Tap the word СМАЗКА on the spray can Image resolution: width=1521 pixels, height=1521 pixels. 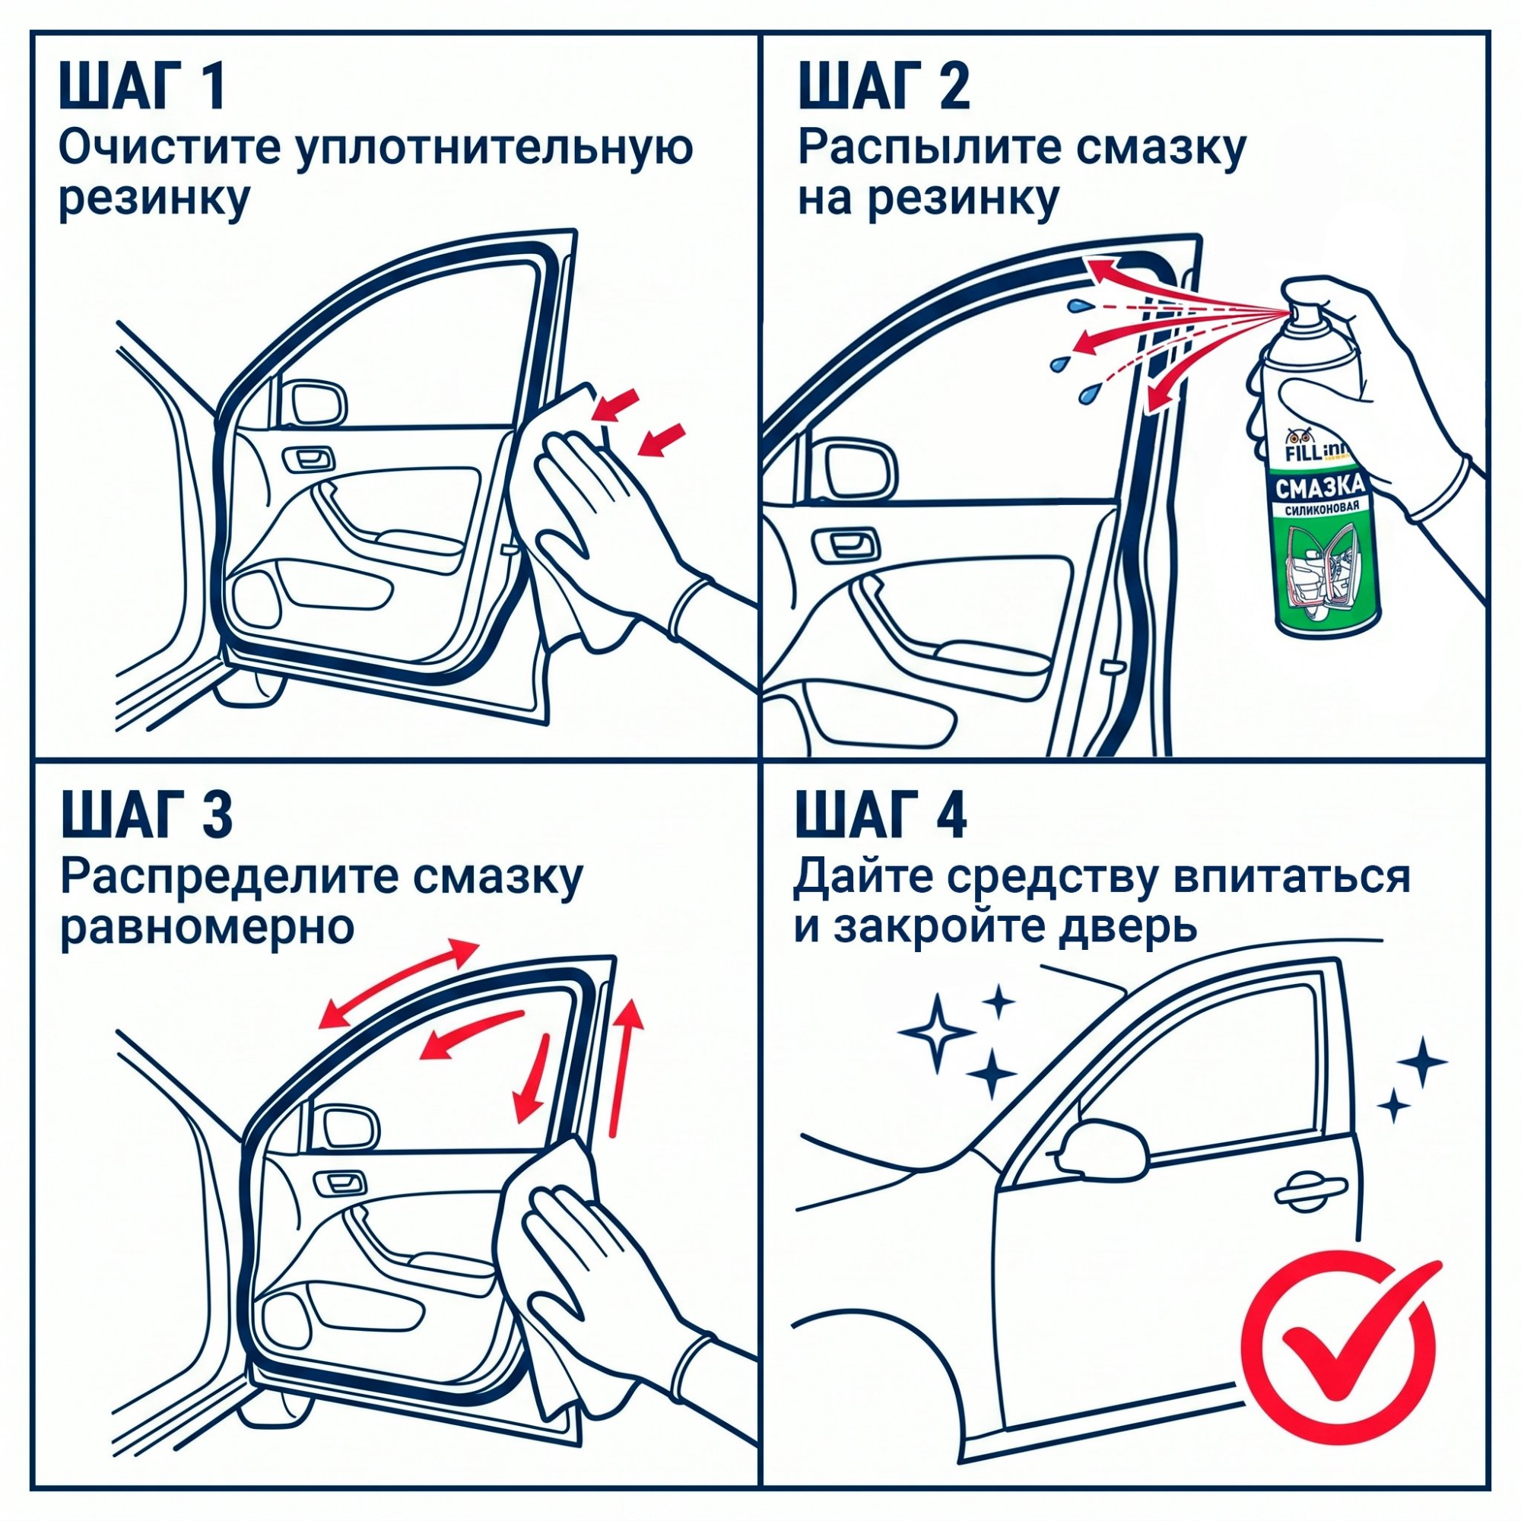pyautogui.click(x=1320, y=488)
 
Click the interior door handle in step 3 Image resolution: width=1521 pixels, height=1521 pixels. pyautogui.click(x=340, y=1182)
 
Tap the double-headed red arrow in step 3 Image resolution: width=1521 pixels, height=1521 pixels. pyautogui.click(x=399, y=983)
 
